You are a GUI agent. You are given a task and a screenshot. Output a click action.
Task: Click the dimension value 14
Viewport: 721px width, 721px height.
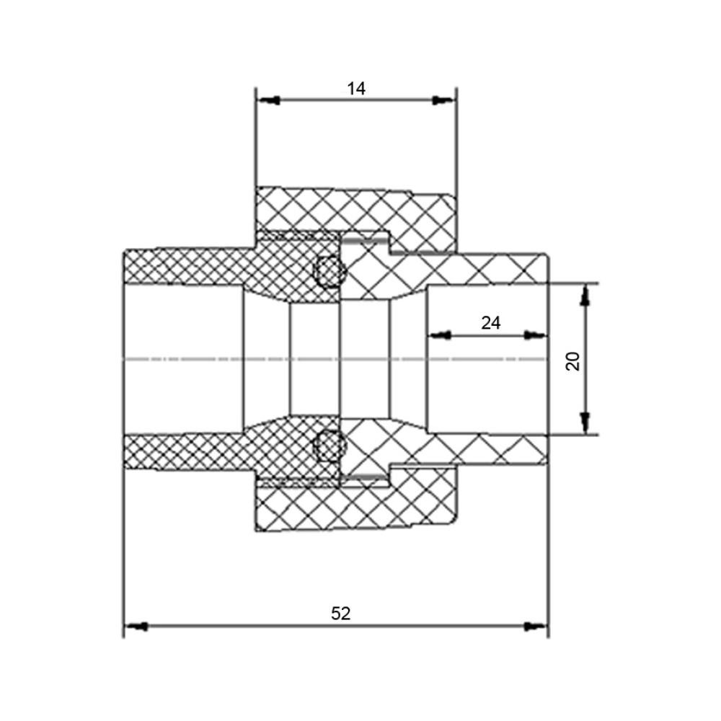tap(356, 88)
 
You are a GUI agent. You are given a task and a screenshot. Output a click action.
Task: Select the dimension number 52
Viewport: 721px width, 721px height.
tap(341, 614)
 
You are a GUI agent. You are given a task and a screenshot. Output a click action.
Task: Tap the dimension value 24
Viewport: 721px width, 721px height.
tap(490, 323)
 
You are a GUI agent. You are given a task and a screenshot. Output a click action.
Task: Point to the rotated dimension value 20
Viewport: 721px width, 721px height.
tap(573, 361)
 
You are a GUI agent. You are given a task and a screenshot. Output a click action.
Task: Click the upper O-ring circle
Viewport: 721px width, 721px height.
tap(328, 271)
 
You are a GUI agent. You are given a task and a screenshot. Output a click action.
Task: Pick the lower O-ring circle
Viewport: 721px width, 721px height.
tap(328, 446)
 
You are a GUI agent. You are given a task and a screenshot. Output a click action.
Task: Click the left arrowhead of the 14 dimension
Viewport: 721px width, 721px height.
tap(268, 99)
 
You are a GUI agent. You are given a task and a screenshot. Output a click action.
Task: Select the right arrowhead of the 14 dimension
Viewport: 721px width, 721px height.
tap(443, 99)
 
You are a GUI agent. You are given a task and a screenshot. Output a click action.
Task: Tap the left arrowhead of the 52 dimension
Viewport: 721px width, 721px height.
tap(136, 627)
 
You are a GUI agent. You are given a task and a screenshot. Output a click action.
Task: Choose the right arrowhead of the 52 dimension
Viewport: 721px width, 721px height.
tap(536, 627)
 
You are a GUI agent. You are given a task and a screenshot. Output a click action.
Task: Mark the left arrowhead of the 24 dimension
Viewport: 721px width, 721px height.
tap(440, 335)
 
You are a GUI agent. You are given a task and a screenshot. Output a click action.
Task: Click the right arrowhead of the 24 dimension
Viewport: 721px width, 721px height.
tap(535, 335)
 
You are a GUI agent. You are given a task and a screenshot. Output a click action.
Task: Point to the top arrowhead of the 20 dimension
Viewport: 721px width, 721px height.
tap(585, 295)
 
